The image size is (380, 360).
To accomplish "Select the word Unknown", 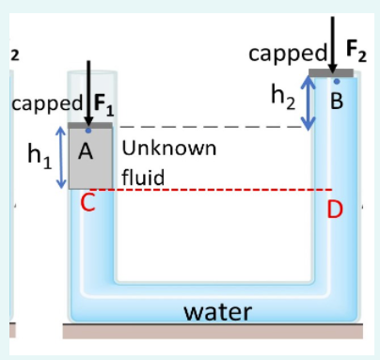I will click(169, 149).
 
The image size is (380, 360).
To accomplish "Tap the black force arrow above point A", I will click(87, 89).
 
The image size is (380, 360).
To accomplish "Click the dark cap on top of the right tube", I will click(332, 71).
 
